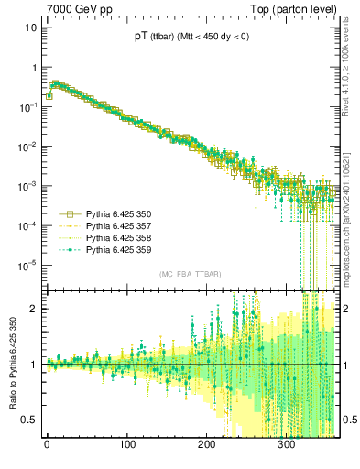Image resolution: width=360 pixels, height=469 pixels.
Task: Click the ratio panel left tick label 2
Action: coord(33,309)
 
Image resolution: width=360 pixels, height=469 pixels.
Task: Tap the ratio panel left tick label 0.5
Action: coord(28,420)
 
